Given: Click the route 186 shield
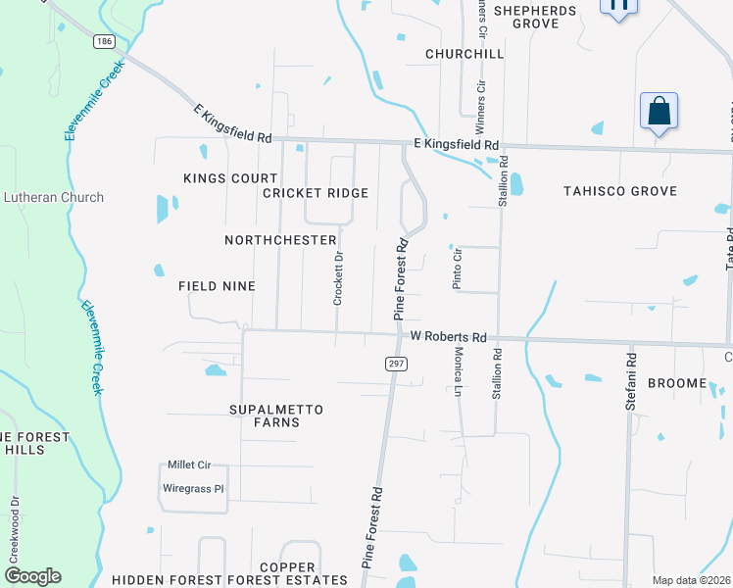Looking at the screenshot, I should tap(104, 42).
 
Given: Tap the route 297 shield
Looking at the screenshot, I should tap(396, 364).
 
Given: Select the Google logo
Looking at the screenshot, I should tap(32, 576).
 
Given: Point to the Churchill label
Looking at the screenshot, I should tap(464, 53).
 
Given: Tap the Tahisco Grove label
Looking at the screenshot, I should tap(620, 191).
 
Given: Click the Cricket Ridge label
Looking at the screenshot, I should tap(316, 193).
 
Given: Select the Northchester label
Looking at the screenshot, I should tap(280, 240).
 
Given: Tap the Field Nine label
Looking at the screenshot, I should tap(217, 286).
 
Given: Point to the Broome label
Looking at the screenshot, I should tap(676, 382).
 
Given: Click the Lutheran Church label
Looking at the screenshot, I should tap(53, 197).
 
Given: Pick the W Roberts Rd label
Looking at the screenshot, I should tap(449, 336).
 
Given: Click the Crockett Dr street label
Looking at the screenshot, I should tap(338, 278).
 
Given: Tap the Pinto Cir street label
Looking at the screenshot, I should tap(457, 268).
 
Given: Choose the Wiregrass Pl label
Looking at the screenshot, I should tap(193, 487).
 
